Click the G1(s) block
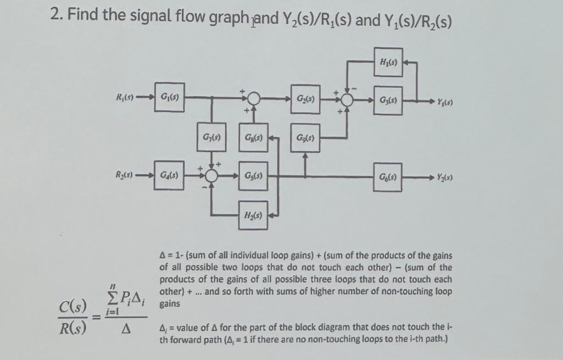[166, 100]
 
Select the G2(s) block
[306, 100]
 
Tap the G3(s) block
[385, 100]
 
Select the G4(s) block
[166, 177]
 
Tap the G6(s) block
[385, 177]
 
